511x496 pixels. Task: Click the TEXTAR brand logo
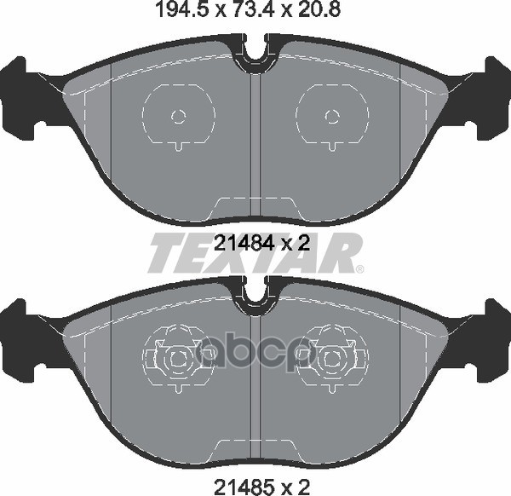coord(255,253)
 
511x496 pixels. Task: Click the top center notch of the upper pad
coord(255,53)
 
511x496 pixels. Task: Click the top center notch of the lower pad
coord(255,296)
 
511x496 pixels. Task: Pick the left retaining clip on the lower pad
coord(177,358)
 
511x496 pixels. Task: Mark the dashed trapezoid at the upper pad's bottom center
coord(255,206)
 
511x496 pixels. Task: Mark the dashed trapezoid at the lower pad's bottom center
coord(255,449)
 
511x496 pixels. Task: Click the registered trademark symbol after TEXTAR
coord(359,269)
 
